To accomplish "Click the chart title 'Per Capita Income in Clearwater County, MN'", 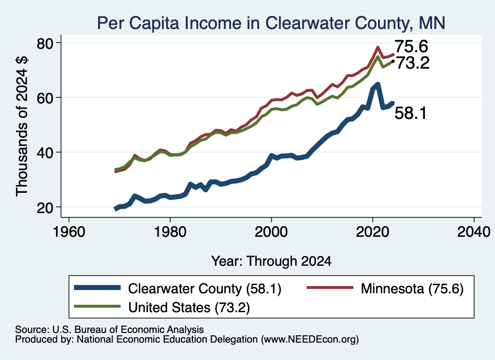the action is [271, 23].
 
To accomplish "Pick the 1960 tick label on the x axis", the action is [69, 232].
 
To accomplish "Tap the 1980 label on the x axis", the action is [170, 232].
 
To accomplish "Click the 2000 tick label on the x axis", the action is [271, 232].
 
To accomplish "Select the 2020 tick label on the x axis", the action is [373, 232].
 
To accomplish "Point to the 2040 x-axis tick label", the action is [474, 232].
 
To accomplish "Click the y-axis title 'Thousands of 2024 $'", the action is [22, 126].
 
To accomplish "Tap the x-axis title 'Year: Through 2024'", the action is [271, 261].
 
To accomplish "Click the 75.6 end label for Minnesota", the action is [411, 46].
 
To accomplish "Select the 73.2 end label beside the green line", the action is [413, 63].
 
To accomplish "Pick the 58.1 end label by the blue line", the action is [411, 113].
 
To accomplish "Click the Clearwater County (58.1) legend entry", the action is [178, 288].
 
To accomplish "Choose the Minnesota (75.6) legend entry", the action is [385, 288].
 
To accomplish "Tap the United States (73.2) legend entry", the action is [162, 307].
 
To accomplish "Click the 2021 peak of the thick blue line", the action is [378, 85].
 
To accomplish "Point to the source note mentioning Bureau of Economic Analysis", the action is [109, 330].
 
